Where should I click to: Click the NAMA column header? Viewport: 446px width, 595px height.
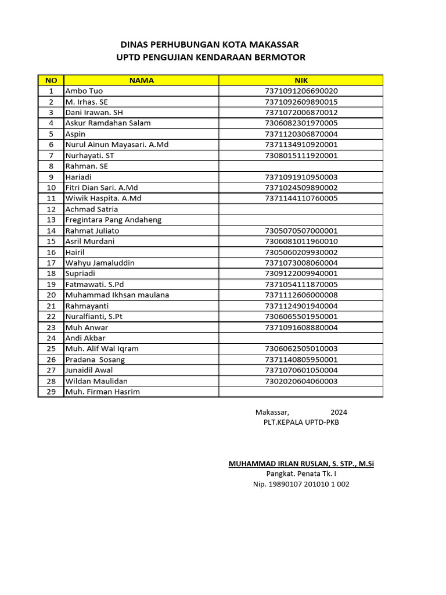coord(141,80)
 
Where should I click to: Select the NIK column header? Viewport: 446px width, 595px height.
coord(301,80)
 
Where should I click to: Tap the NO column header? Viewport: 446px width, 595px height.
coord(51,80)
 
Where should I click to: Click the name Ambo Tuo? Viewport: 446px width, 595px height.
coord(84,91)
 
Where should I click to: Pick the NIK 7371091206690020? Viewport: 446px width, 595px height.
coord(301,91)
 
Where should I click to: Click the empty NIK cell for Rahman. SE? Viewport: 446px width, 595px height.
coord(301,166)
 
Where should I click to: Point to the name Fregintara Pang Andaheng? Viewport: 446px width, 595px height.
coord(113,220)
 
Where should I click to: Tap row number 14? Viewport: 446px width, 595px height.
coord(51,231)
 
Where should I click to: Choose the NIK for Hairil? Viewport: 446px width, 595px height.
coord(301,252)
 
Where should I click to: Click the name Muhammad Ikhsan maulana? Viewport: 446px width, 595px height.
coord(117,295)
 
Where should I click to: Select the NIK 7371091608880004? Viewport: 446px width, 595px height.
coord(301,327)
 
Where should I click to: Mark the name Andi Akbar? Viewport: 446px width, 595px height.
coord(85,338)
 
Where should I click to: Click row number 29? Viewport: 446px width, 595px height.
coord(51,392)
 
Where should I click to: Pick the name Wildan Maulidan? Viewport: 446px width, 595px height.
coord(96,381)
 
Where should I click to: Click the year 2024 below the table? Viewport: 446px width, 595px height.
coord(339,412)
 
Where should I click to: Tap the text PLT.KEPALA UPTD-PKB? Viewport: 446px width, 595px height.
coord(301,422)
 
